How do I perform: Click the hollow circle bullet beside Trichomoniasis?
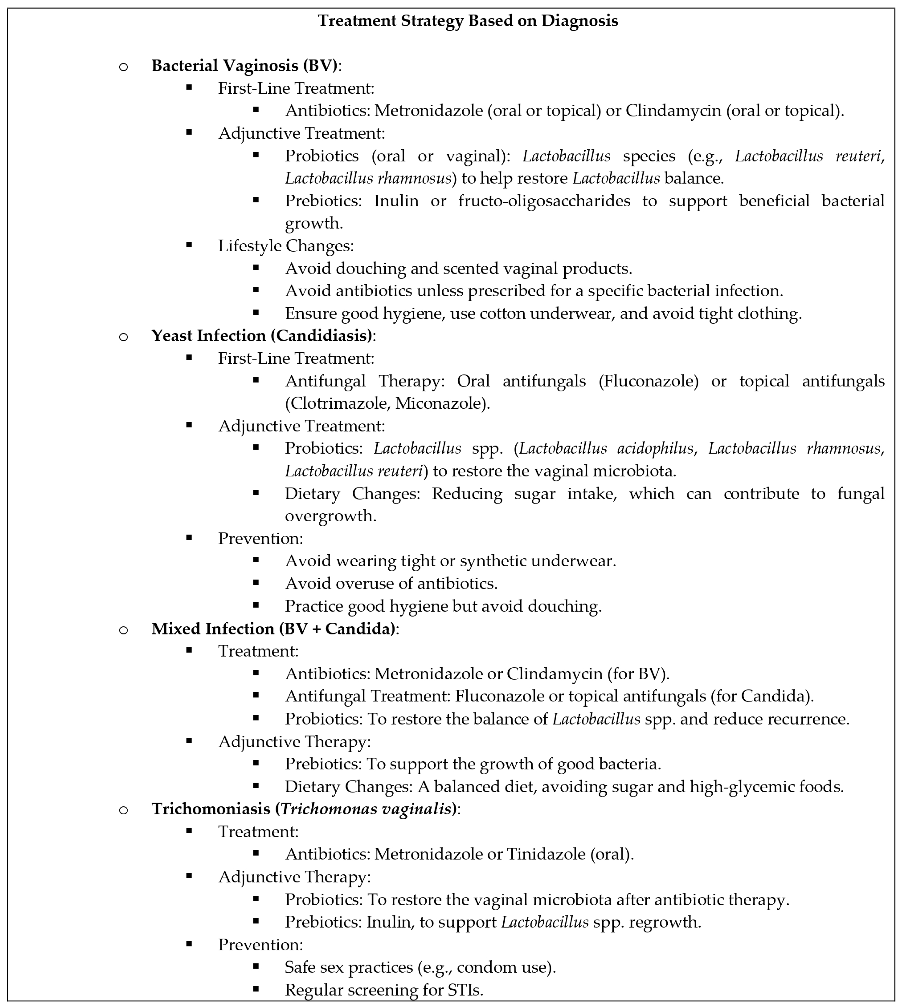[x=123, y=810]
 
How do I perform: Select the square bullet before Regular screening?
[x=256, y=988]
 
